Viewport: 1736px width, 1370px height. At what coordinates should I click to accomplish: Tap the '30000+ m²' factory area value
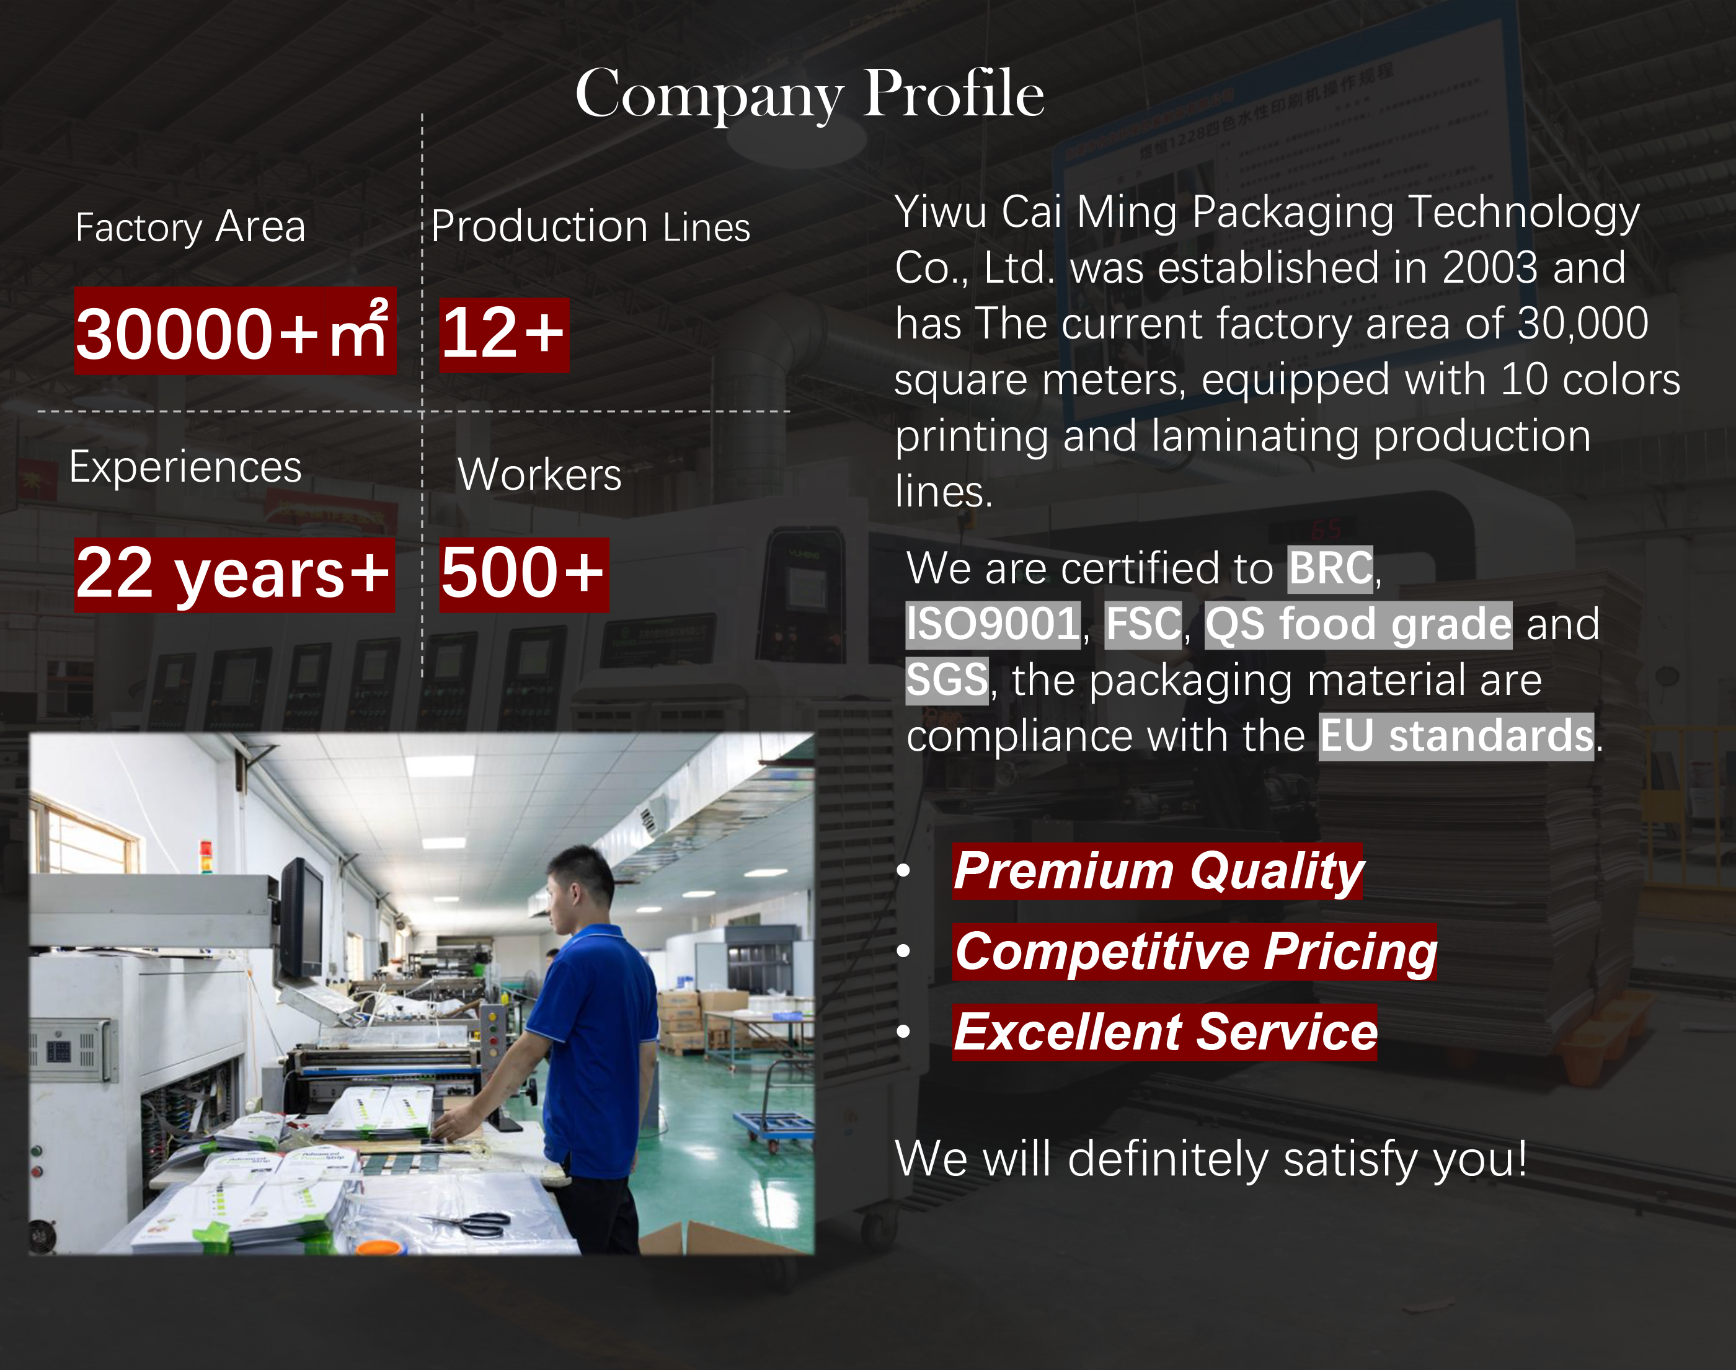pos(235,331)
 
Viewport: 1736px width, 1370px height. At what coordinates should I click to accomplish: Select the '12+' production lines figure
pos(504,335)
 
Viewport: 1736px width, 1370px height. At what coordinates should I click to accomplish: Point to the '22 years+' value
pos(234,574)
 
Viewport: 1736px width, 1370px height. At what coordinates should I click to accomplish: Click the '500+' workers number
pos(524,574)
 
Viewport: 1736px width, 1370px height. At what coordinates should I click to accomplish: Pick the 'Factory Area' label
pos(190,227)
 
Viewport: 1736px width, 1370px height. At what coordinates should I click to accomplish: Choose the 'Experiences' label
pos(185,467)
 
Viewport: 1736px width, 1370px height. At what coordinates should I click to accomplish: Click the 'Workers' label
pos(539,474)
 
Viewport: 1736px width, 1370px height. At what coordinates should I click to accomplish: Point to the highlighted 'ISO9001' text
pos(993,625)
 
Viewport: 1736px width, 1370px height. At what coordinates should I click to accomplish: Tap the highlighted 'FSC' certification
pos(1143,625)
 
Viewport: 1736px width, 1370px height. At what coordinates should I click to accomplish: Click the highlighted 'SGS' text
pos(947,680)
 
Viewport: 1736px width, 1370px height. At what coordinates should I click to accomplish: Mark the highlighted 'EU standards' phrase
pos(1456,736)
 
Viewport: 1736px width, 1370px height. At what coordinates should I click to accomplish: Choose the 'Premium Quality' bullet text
pos(1158,871)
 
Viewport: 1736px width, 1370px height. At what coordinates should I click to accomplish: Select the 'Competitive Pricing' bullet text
pos(1195,952)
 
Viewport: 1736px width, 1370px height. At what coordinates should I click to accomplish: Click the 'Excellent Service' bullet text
pos(1165,1032)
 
